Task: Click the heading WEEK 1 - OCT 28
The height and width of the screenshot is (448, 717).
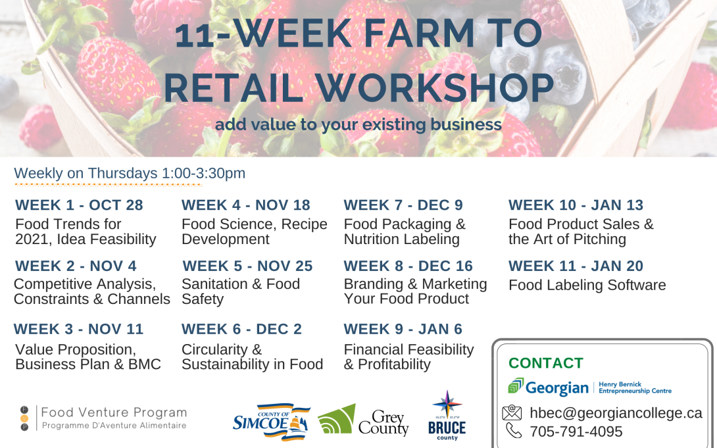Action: tap(79, 205)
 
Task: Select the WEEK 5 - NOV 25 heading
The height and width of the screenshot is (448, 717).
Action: tap(247, 266)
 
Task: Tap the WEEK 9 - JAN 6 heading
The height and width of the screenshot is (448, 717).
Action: tap(403, 329)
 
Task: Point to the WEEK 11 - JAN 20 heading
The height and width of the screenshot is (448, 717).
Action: tap(576, 266)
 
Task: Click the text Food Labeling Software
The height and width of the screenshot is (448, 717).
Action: tap(587, 286)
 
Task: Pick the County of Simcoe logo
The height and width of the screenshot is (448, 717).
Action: tap(271, 422)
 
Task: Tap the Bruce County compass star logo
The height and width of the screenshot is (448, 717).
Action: tap(447, 415)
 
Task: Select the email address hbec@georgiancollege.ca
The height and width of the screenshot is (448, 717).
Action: tap(616, 413)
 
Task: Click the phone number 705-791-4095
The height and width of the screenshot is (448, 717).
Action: tap(576, 432)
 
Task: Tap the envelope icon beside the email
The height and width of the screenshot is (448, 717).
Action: tap(512, 412)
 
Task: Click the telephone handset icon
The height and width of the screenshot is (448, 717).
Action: tap(514, 431)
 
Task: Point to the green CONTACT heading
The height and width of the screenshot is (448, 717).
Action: tap(546, 363)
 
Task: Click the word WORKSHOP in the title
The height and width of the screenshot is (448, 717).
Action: tap(434, 87)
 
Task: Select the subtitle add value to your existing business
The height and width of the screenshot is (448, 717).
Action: tap(358, 124)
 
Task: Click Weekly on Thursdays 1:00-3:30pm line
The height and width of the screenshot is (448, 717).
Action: tap(130, 173)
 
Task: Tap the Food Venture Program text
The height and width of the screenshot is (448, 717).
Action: tap(114, 412)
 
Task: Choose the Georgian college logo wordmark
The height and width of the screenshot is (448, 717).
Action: tap(549, 387)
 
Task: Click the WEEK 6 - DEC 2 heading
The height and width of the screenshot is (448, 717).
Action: tap(241, 329)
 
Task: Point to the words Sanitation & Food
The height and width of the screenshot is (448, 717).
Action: tap(241, 284)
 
